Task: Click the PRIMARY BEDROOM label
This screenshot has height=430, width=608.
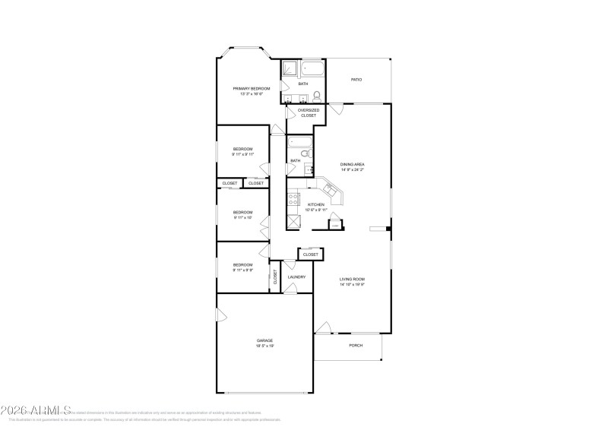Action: (251, 89)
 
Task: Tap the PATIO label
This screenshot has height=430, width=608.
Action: (356, 80)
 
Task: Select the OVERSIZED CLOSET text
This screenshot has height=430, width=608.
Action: (308, 112)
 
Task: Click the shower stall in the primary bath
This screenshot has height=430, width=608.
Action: (290, 71)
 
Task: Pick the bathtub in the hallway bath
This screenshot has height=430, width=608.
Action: (299, 141)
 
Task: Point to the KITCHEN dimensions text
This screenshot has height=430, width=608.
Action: (316, 210)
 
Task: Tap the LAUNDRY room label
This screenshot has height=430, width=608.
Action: (296, 277)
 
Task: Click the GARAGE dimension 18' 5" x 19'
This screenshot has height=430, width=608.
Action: (264, 346)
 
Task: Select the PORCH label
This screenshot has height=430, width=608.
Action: (355, 346)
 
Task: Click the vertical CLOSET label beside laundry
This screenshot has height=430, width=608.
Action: (275, 277)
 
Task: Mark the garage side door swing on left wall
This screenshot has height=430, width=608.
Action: (220, 315)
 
